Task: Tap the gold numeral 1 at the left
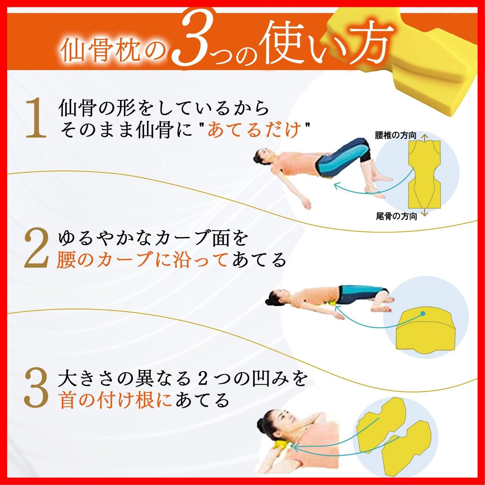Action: click(x=36, y=119)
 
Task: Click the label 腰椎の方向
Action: click(x=395, y=135)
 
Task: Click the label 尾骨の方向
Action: click(x=396, y=216)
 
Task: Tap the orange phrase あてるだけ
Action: click(x=255, y=130)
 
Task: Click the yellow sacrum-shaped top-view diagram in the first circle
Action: click(x=424, y=176)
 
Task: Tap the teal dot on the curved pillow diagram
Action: click(x=423, y=313)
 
